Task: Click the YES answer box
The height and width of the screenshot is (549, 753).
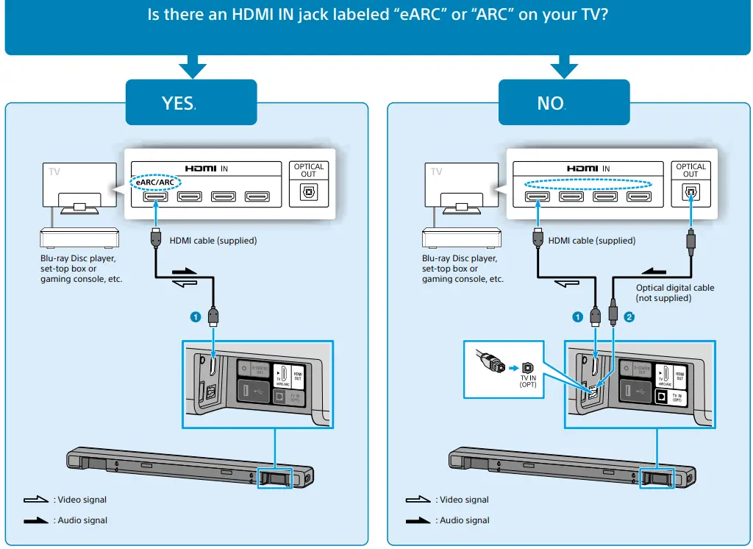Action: pos(191,103)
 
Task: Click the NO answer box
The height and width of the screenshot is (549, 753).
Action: pos(564,103)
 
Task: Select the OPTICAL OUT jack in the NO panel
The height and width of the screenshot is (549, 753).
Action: pos(690,194)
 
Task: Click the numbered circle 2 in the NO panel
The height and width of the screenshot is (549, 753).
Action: pos(629,317)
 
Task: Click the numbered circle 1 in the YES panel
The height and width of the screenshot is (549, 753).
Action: pos(195,317)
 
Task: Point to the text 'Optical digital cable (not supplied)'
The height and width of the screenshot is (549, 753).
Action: pos(674,293)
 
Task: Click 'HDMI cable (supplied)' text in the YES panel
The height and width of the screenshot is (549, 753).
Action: pos(213,241)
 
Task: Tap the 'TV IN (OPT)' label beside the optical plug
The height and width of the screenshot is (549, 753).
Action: pos(528,380)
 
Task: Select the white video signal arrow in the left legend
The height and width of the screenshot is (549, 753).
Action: pos(35,500)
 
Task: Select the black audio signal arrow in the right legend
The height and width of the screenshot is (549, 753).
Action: pos(418,520)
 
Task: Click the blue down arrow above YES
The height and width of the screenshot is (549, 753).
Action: pos(192,67)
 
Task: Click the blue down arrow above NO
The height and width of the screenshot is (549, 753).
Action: pos(565,67)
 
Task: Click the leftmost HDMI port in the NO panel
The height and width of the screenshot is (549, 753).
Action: pos(538,196)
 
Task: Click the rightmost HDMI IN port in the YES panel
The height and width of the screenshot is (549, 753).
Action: pos(258,196)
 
